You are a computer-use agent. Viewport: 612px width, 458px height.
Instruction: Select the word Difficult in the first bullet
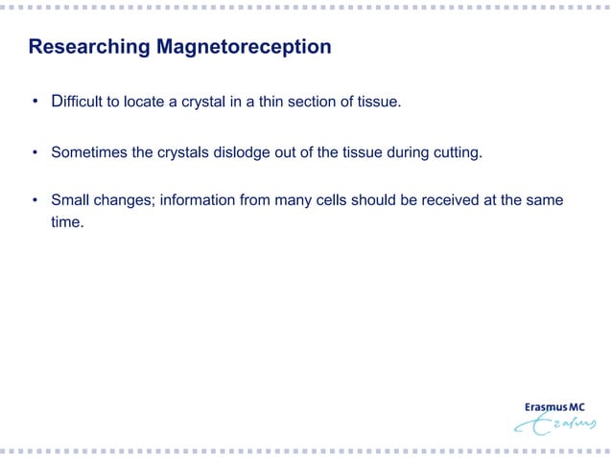pos(82,103)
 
